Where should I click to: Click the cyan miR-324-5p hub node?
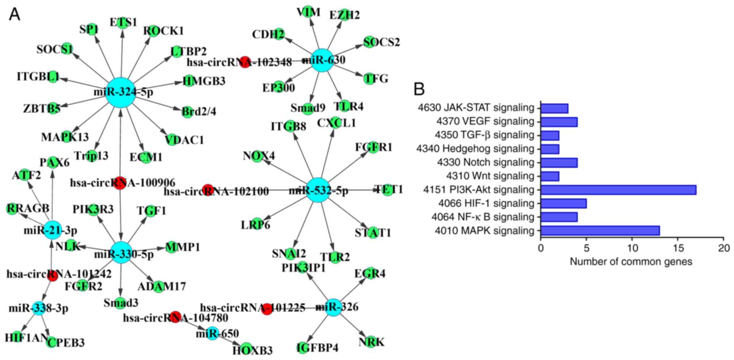[121, 93]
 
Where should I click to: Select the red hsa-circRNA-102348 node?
[245, 62]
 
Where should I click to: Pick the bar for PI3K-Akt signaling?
[618, 190]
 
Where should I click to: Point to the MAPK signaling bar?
[600, 231]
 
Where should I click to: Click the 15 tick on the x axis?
[678, 248]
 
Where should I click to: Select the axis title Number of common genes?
[631, 262]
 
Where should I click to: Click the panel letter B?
[419, 89]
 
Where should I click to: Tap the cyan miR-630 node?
[322, 60]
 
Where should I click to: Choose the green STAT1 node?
[373, 232]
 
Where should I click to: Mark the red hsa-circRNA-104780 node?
[176, 317]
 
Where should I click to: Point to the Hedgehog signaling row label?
[475, 149]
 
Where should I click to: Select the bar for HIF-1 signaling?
[564, 203]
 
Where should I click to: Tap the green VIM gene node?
[308, 12]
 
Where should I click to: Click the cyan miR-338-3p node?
[39, 308]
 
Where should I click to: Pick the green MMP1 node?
[171, 247]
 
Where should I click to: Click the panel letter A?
[14, 14]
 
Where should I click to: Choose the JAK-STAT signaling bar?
[554, 108]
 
